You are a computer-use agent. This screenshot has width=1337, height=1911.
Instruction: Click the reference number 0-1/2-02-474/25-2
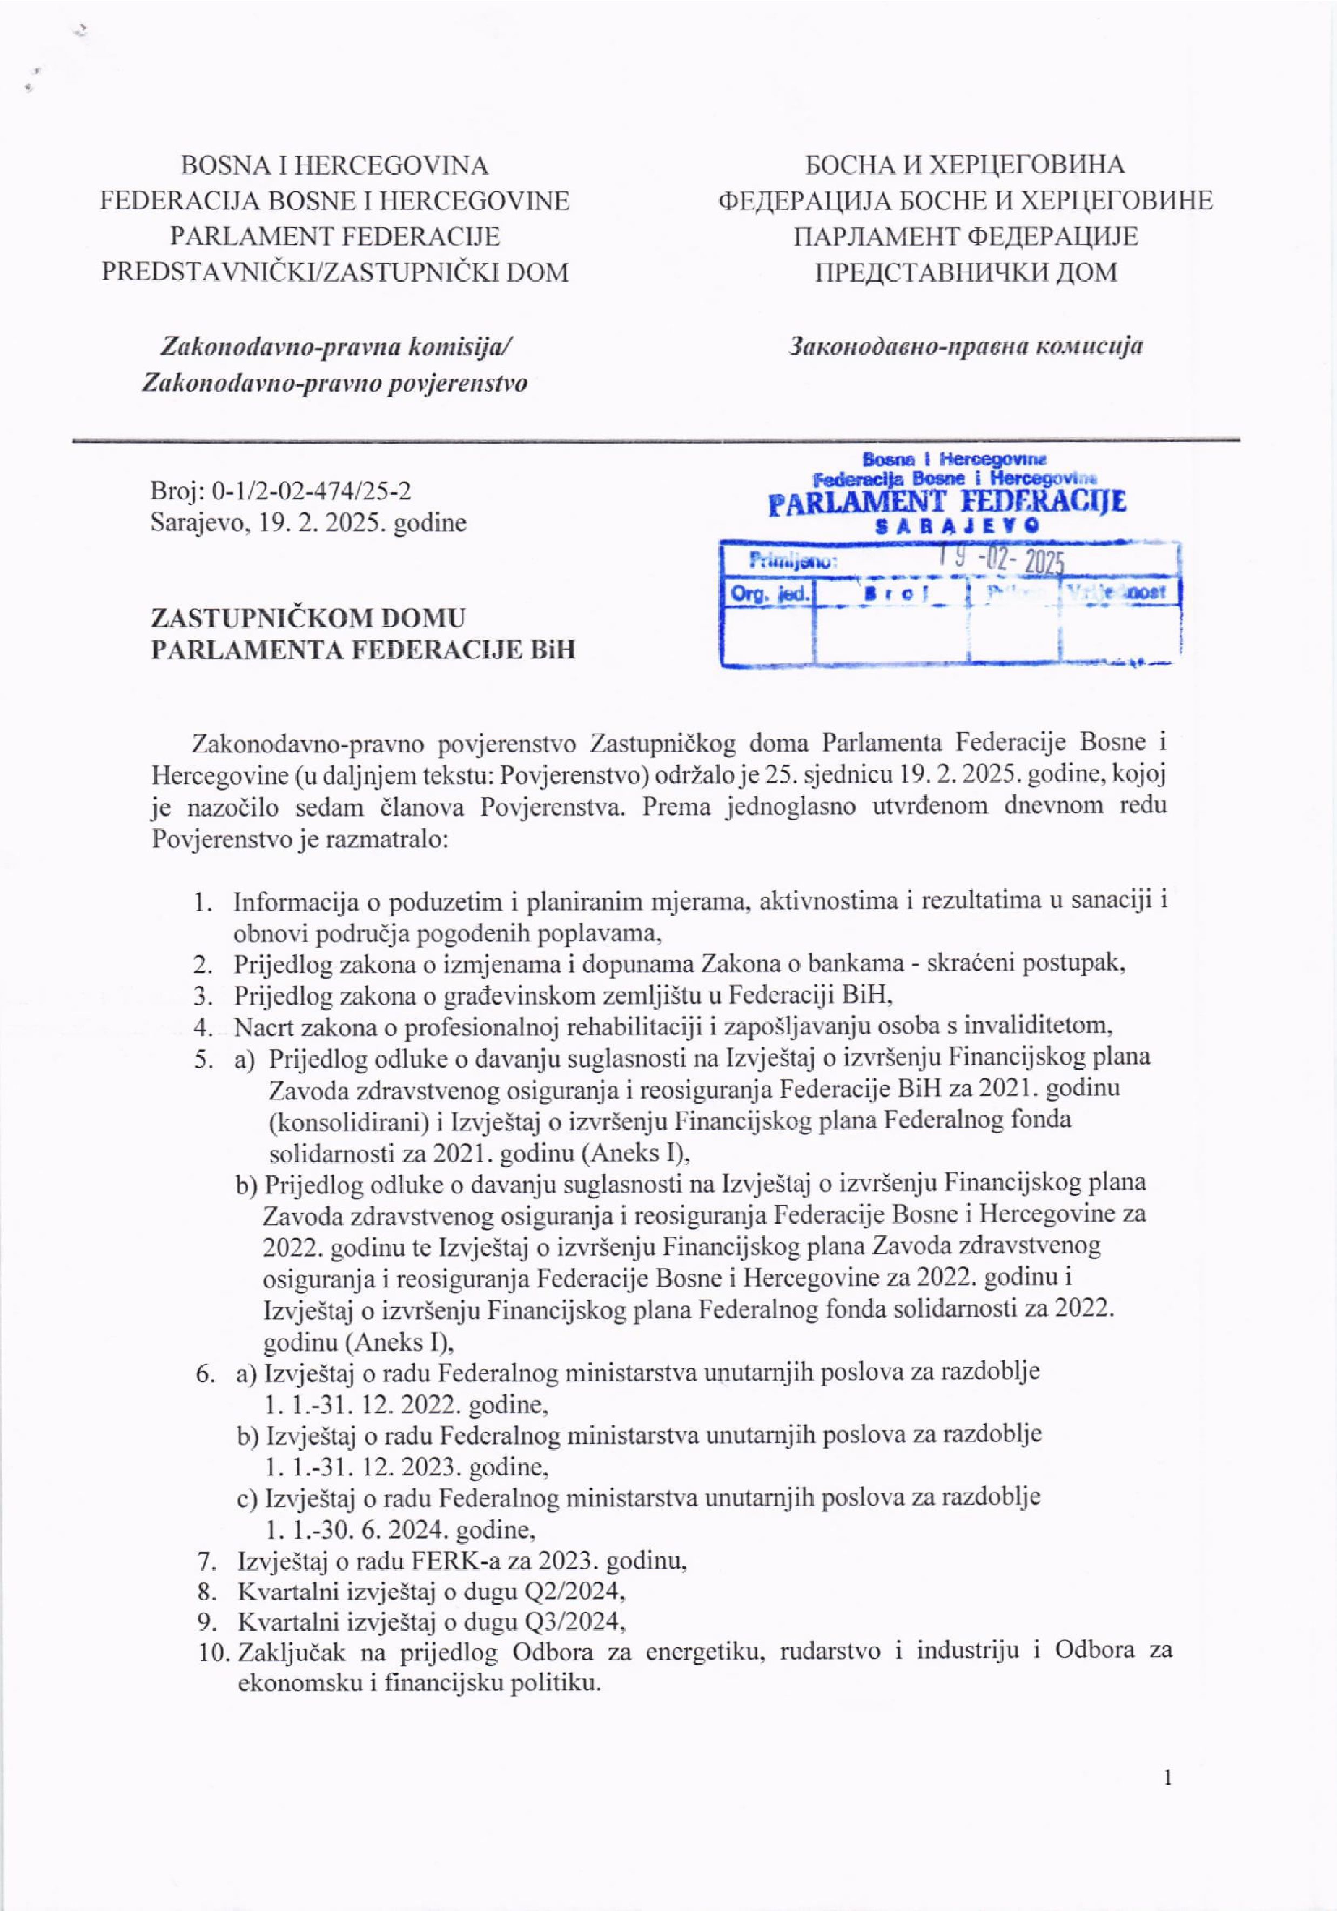tap(312, 491)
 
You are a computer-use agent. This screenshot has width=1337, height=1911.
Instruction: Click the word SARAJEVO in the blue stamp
tap(957, 526)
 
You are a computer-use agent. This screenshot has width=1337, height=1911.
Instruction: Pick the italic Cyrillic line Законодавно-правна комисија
tap(965, 345)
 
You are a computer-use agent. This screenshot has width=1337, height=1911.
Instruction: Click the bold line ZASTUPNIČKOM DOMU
tap(308, 618)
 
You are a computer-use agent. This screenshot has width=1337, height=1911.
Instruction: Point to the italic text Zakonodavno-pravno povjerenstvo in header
tap(334, 383)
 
